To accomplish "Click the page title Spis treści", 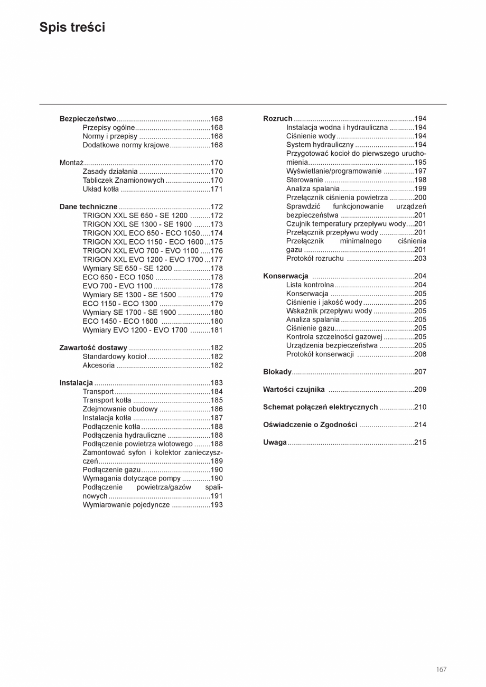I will coord(72,27).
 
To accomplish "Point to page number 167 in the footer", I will coord(441,669).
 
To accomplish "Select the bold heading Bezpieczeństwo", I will coord(88,119).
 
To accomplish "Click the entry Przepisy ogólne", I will coord(109,128).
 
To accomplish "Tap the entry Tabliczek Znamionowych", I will coord(124,180).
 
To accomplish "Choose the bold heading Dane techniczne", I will coord(88,206).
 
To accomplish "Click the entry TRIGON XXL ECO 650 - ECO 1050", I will coord(141,233).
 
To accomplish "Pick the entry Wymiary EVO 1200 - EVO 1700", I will coord(135,330).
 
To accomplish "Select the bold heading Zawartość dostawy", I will coord(93,347).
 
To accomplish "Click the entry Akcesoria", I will coord(98,365).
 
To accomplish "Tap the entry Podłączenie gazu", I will coord(111,469).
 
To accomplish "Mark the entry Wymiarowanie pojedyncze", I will coord(126,505).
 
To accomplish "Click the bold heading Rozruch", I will coord(277,119).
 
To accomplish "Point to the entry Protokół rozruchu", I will coord(315,259).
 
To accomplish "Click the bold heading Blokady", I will coord(277,372).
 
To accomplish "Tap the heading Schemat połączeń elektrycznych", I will coord(320,407).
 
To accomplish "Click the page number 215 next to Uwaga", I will coord(420,443).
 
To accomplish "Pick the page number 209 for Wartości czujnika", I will coord(420,390).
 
